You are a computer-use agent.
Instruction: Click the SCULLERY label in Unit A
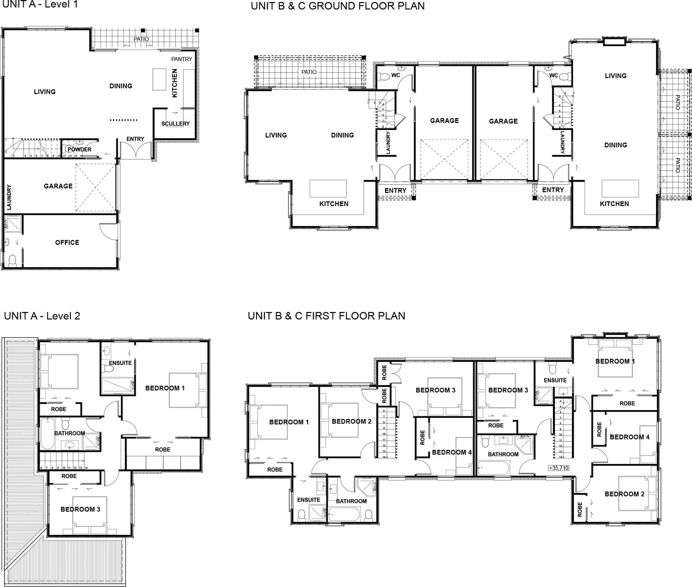175,124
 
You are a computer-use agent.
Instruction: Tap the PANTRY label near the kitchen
181,59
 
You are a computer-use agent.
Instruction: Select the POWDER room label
80,150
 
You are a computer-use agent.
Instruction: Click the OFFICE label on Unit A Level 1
67,242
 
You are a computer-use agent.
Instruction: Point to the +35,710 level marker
558,468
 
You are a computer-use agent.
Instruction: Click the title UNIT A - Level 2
42,316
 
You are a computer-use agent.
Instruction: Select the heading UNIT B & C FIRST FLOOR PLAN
326,316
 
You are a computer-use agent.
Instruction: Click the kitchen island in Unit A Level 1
159,80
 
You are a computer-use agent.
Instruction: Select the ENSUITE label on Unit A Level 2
120,363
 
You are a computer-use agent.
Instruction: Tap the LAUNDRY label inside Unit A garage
9,197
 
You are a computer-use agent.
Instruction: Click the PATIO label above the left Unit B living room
309,72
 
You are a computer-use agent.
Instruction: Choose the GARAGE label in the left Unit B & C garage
444,121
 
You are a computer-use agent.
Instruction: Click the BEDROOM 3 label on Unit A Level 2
80,509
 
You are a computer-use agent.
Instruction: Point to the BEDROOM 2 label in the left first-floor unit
352,421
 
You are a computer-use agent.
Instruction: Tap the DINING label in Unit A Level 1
121,86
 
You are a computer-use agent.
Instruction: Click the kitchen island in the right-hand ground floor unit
620,188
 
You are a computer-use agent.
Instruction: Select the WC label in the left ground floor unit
395,75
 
